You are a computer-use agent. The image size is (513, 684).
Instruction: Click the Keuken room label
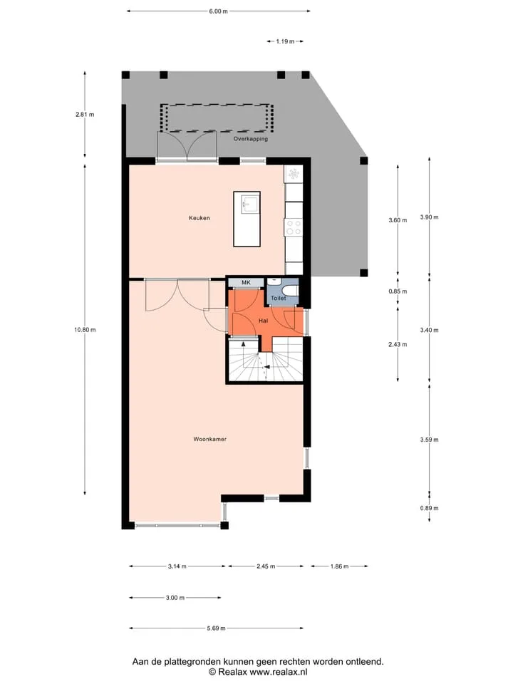(x=199, y=218)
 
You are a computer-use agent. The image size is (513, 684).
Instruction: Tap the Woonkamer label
(x=209, y=440)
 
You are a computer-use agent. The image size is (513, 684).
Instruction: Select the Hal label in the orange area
(x=263, y=321)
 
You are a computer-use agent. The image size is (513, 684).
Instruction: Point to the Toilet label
(x=279, y=299)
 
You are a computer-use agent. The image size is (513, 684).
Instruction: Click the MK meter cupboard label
(x=246, y=283)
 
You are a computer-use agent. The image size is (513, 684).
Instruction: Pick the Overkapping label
(x=250, y=139)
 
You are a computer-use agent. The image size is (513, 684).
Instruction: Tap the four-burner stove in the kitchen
(x=294, y=227)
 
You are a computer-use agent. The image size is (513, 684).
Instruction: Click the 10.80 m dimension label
(x=85, y=330)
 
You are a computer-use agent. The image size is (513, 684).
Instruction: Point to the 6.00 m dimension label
(x=218, y=11)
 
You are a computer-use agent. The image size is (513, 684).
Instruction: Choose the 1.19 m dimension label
(x=285, y=41)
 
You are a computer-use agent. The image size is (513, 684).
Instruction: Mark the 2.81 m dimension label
(x=85, y=115)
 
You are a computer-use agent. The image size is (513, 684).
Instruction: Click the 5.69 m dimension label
(x=216, y=628)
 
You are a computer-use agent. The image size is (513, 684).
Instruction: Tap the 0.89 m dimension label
(x=429, y=508)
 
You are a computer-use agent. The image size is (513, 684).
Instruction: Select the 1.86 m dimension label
(x=339, y=566)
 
